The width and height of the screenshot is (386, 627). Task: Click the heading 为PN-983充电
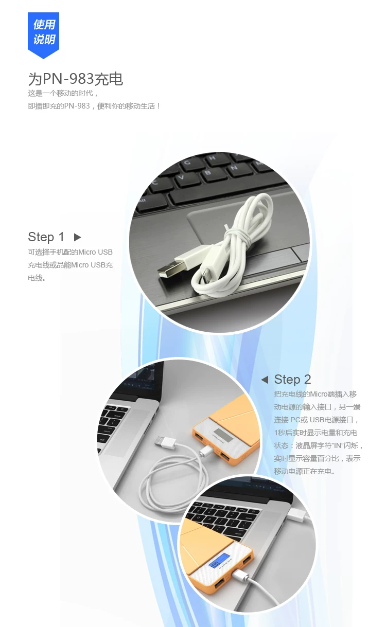pyautogui.click(x=75, y=79)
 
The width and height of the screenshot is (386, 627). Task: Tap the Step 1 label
pyautogui.click(x=46, y=237)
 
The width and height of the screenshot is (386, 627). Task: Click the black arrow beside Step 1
pyautogui.click(x=77, y=237)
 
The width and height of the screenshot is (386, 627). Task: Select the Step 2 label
pyautogui.click(x=292, y=380)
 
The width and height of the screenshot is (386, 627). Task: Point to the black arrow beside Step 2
pyautogui.click(x=265, y=380)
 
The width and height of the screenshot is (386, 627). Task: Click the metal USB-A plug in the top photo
pyautogui.click(x=165, y=271)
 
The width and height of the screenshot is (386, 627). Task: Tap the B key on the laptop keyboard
pyautogui.click(x=208, y=172)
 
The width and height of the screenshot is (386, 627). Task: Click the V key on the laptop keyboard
pyautogui.click(x=182, y=178)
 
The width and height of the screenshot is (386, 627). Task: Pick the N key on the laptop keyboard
pyautogui.click(x=234, y=168)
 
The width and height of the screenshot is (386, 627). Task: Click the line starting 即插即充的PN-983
pyautogui.click(x=94, y=106)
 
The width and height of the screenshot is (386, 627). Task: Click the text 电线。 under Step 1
pyautogui.click(x=37, y=278)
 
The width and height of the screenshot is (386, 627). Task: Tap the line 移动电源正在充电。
pyautogui.click(x=305, y=471)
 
